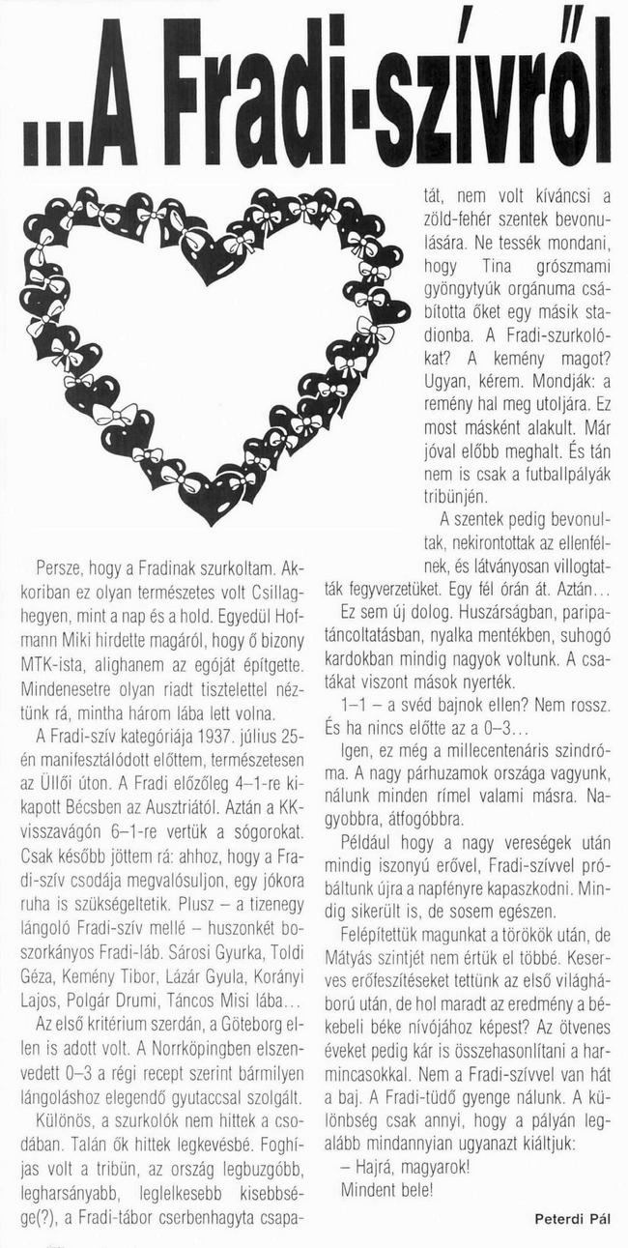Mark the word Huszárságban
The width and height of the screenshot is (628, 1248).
click(x=494, y=613)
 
